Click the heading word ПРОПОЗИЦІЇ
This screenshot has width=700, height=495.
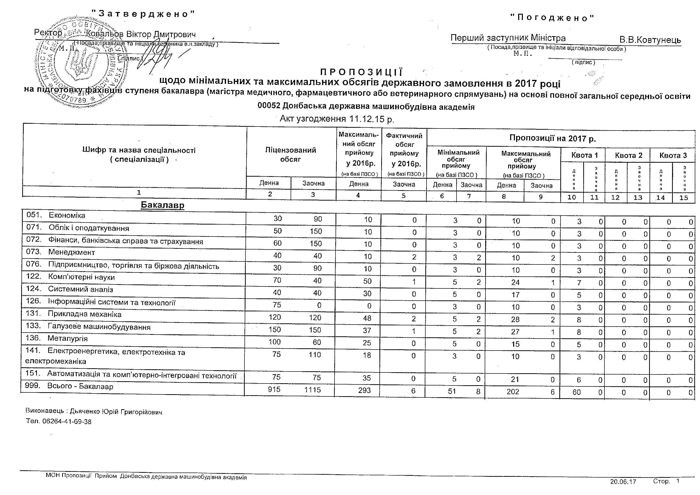(361, 72)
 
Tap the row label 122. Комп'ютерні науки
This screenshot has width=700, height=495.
(70, 277)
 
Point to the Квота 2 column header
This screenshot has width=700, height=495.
(628, 155)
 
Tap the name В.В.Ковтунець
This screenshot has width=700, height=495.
(650, 40)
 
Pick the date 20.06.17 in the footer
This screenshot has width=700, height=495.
(623, 482)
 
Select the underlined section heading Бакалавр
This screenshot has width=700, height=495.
(162, 205)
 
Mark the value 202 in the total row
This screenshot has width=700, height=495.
(513, 392)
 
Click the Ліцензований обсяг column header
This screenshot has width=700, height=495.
(291, 154)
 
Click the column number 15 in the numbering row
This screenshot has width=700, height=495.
(684, 198)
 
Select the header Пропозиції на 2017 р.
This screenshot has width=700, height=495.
(552, 138)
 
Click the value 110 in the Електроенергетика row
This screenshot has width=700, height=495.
(314, 355)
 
